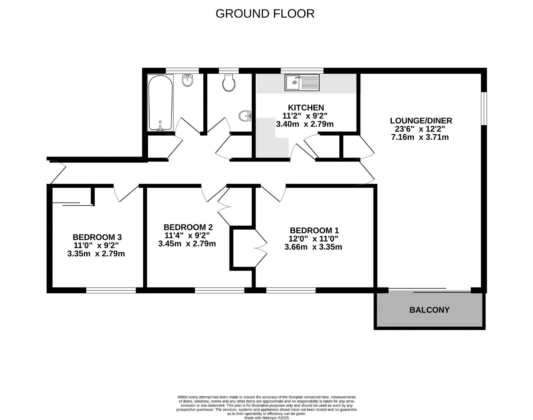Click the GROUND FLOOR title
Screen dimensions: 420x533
265,14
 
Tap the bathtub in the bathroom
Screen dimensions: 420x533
160,103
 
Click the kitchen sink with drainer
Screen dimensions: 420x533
302,83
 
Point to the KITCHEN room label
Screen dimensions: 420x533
306,108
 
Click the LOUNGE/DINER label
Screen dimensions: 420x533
421,121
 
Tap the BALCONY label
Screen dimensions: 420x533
429,310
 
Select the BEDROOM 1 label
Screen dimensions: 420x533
314,230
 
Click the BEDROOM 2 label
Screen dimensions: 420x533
188,227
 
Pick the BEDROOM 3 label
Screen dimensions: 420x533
97,237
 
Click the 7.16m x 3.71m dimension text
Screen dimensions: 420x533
420,137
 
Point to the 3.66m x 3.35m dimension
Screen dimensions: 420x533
313,247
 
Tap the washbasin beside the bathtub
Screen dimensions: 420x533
188,80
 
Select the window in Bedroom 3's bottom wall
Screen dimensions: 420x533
111,290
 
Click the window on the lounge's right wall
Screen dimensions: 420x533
484,108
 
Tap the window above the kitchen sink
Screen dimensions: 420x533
302,70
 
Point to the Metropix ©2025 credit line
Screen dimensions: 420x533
266,418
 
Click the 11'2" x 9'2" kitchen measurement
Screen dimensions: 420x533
305,116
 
